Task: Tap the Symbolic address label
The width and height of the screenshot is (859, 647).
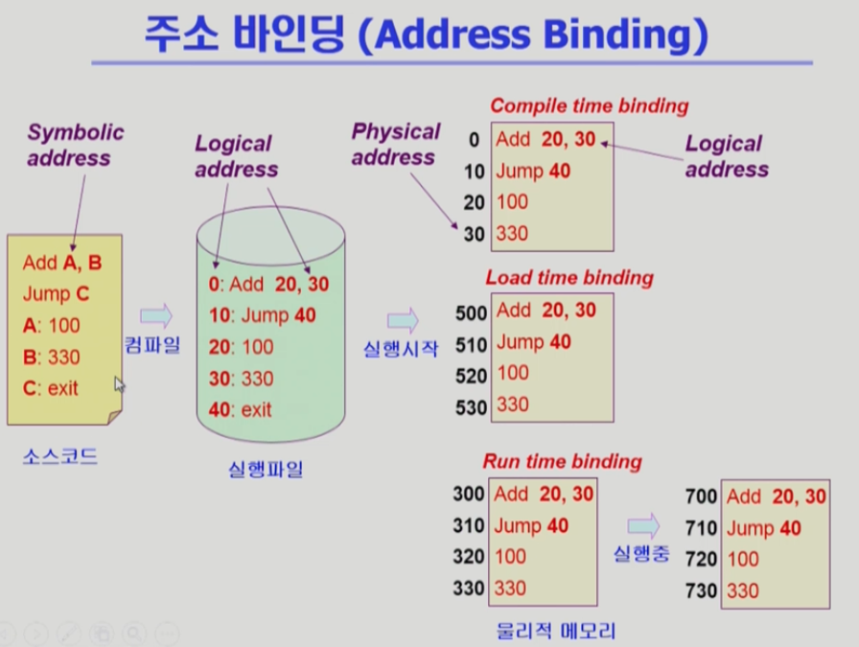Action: pyautogui.click(x=75, y=145)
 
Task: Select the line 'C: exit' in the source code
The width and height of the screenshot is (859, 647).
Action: pyautogui.click(x=50, y=388)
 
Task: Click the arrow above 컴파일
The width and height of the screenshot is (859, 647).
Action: pyautogui.click(x=155, y=315)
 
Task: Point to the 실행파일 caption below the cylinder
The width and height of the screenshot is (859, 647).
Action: pyautogui.click(x=266, y=470)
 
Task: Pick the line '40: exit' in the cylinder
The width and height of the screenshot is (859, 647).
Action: pyautogui.click(x=241, y=409)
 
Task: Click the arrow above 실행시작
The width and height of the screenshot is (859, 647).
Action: pyautogui.click(x=403, y=320)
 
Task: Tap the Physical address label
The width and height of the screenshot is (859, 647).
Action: pyautogui.click(x=395, y=144)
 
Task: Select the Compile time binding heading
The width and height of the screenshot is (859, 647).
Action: pyautogui.click(x=589, y=106)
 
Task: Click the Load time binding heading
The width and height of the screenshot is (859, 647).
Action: pyautogui.click(x=569, y=278)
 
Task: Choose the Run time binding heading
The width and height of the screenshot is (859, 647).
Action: pyautogui.click(x=562, y=461)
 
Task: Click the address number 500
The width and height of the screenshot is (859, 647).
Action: pyautogui.click(x=472, y=312)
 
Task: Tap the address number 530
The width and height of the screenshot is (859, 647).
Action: pyautogui.click(x=472, y=407)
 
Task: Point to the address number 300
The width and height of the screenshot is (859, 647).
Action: pyautogui.click(x=469, y=495)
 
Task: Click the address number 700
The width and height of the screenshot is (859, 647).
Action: pyautogui.click(x=701, y=497)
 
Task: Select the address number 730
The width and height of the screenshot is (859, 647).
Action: pyautogui.click(x=701, y=591)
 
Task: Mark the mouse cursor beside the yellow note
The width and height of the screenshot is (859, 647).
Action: pyautogui.click(x=121, y=384)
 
